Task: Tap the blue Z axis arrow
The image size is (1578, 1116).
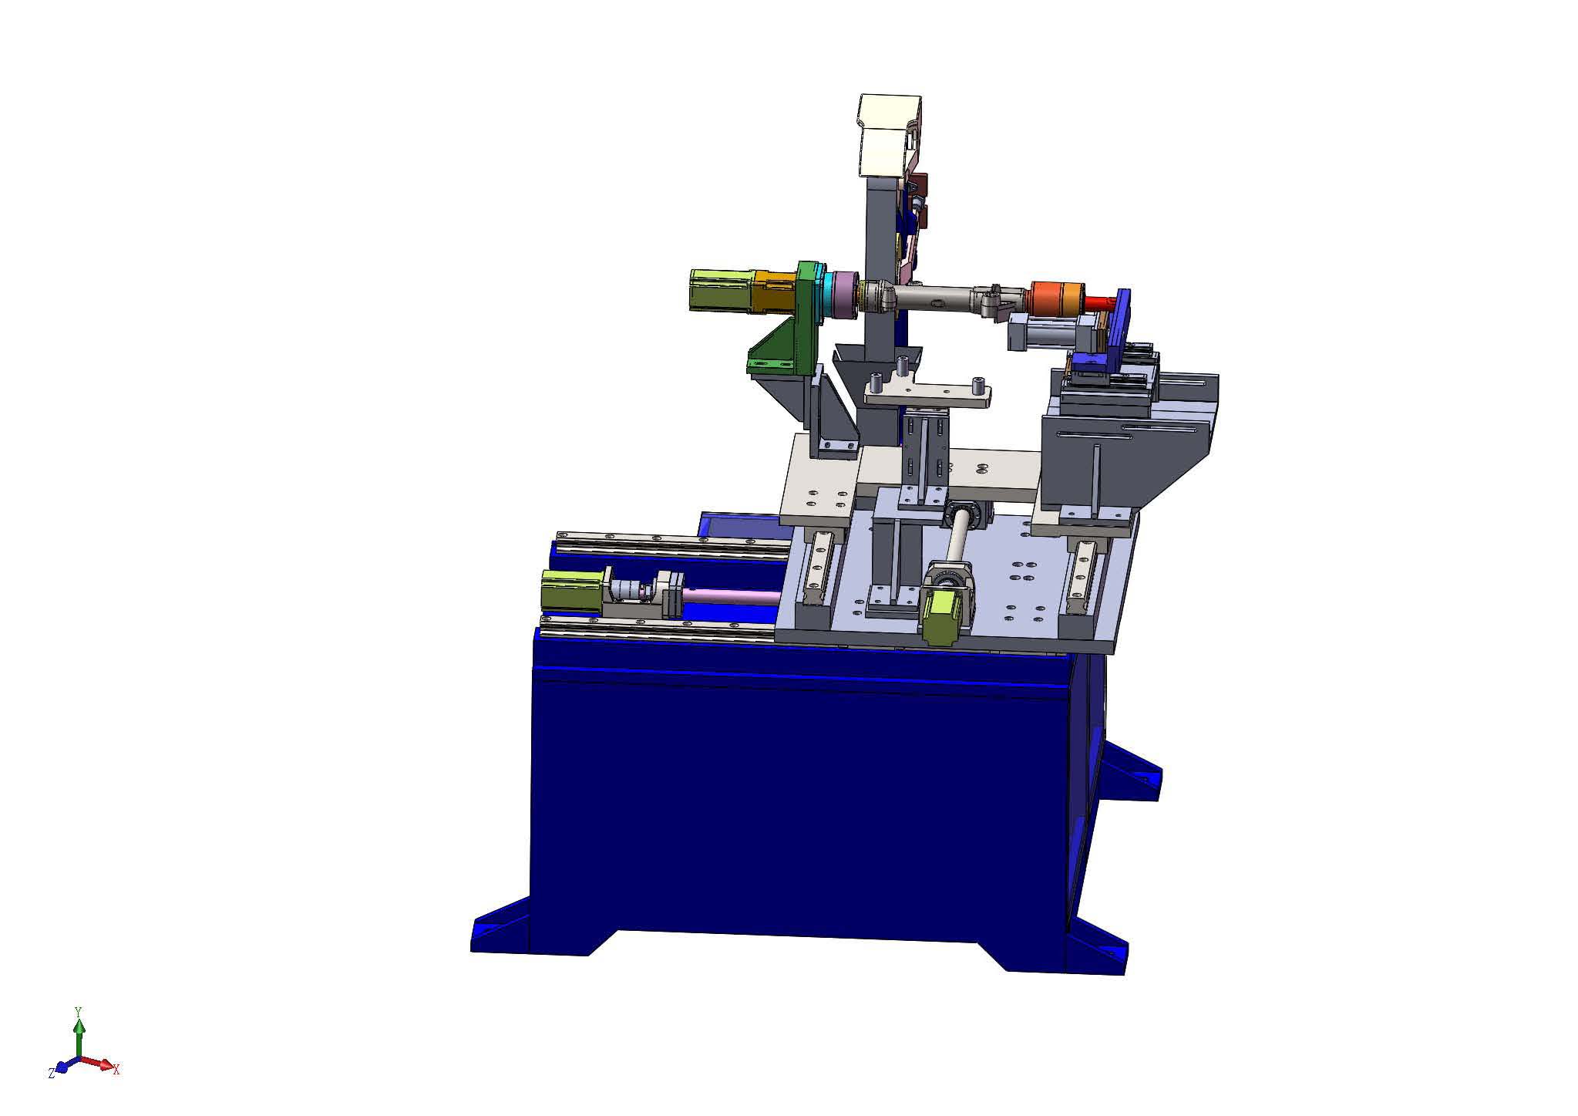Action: tap(65, 1066)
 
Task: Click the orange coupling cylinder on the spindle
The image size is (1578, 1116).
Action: tap(1056, 298)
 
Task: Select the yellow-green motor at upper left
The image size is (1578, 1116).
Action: tap(721, 290)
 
